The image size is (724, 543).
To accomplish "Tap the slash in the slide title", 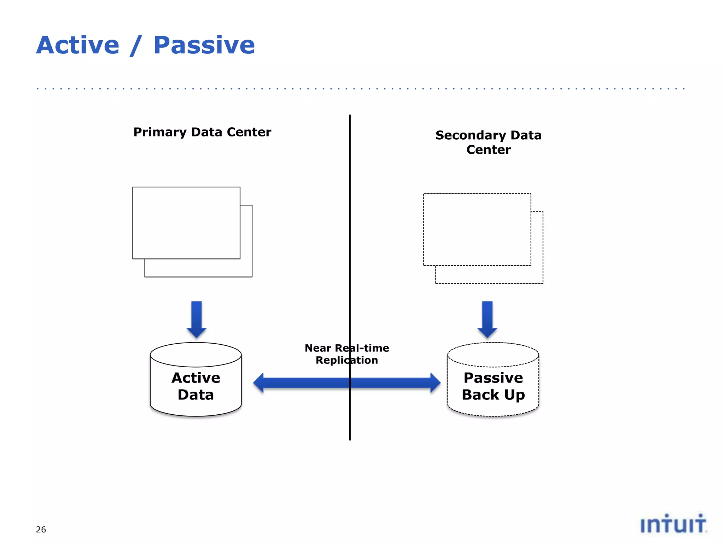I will [x=136, y=46].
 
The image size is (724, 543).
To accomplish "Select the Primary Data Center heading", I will [x=202, y=132].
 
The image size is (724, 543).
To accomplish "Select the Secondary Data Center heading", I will [x=488, y=142].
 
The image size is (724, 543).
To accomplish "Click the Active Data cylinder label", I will [x=196, y=386].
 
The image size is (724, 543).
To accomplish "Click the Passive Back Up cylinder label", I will [x=493, y=386].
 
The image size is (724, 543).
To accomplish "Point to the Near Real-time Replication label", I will [x=347, y=354].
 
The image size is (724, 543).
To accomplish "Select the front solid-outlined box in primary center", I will [x=186, y=223].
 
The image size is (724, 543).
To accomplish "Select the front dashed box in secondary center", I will [x=477, y=229].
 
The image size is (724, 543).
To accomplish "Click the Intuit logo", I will [x=673, y=524].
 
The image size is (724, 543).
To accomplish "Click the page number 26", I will [x=41, y=530].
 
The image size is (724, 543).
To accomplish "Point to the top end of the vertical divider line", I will [x=350, y=116].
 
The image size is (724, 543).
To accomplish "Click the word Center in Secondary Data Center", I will [x=489, y=150].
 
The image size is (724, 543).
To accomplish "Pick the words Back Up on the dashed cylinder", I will [x=493, y=395].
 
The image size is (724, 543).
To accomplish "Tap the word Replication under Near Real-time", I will [x=347, y=360].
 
